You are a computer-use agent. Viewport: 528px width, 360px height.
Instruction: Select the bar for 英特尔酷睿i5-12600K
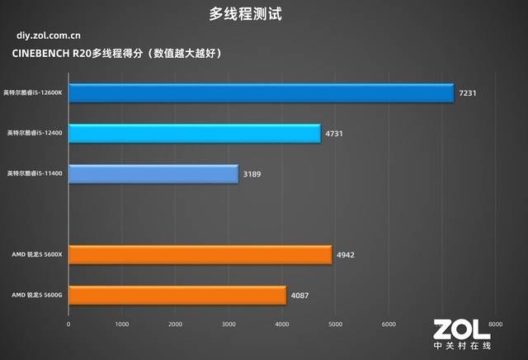pos(261,92)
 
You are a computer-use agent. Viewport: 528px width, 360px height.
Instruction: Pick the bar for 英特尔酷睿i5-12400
pos(194,133)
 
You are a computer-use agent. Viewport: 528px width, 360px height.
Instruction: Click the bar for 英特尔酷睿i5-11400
pos(153,173)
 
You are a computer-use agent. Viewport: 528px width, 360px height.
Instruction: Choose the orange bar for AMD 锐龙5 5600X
pos(200,254)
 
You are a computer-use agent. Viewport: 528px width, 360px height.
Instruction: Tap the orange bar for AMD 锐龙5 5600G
pos(177,295)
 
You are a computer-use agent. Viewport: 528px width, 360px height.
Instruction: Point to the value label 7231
pos(468,93)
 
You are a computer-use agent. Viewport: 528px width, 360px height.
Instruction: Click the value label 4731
pos(335,133)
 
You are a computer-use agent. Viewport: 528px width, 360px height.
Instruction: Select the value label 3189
pos(252,174)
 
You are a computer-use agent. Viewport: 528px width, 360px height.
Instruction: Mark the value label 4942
pos(346,255)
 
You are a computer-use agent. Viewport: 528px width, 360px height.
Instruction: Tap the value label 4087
pos(300,295)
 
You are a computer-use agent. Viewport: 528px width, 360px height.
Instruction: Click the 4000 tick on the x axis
pos(282,324)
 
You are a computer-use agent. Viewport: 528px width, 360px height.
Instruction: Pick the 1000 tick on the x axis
pos(122,324)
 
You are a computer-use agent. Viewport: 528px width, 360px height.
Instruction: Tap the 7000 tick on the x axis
pos(442,324)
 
